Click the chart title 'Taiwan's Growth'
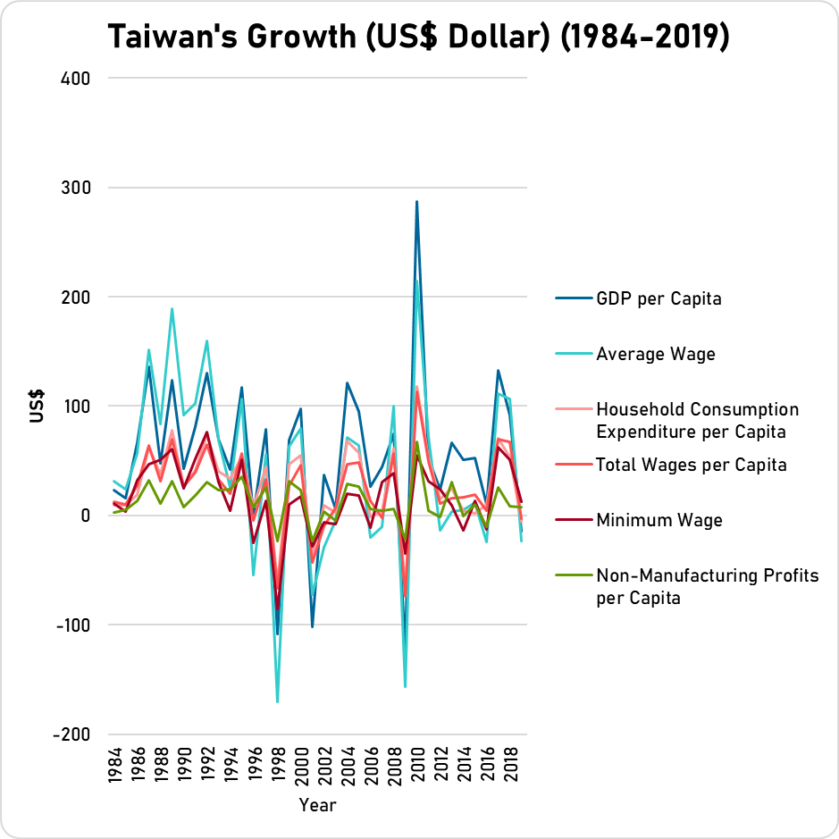419,38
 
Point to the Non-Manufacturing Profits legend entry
706,586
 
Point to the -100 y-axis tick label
72,625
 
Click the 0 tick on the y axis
86,516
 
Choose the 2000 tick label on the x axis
300,766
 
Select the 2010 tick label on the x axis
416,766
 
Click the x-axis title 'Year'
317,806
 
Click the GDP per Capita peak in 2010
416,202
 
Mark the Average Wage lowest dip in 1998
277,701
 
